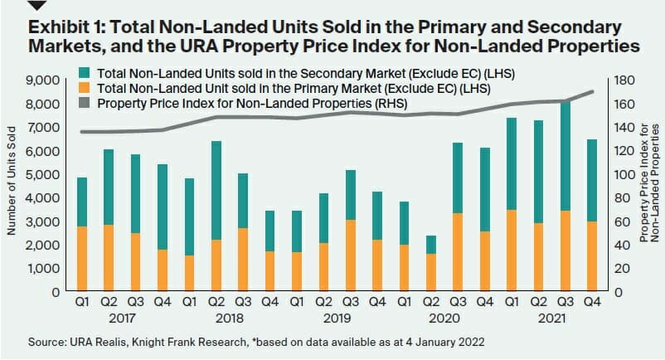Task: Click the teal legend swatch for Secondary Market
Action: pyautogui.click(x=85, y=73)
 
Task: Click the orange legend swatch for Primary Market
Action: pyautogui.click(x=85, y=89)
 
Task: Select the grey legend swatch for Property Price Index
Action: pyautogui.click(x=85, y=104)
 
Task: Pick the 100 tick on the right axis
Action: pyautogui.click(x=622, y=175)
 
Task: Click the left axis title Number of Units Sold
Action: pyautogui.click(x=12, y=187)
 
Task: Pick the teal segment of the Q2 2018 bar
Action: pyautogui.click(x=216, y=191)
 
